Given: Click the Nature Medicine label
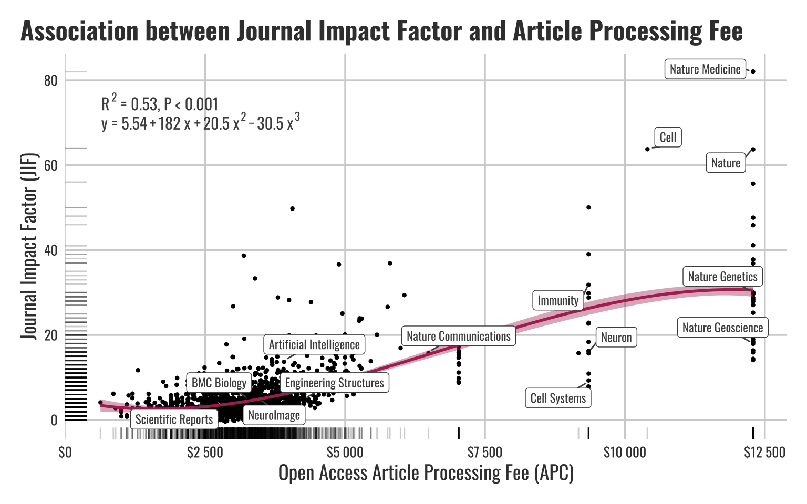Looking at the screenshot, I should tap(705, 69).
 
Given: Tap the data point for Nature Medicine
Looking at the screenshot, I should tap(753, 71).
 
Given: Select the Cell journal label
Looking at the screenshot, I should tap(668, 138).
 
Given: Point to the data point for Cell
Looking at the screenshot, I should tap(647, 149).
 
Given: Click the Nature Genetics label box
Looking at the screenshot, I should tap(722, 277).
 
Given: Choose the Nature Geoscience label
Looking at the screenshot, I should tap(722, 328).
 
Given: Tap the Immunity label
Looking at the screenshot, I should tap(558, 301).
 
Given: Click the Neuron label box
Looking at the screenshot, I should tap(616, 338).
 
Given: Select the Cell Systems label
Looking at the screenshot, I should tap(558, 398).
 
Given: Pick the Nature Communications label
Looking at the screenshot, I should tap(458, 337).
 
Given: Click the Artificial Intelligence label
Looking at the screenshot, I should tap(314, 345).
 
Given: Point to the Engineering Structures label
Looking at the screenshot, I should tap(334, 383).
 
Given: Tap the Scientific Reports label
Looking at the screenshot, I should tap(174, 419).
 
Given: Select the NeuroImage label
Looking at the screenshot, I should tap(274, 415).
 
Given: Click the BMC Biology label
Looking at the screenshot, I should tap(219, 383).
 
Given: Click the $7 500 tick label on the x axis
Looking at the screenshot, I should tap(484, 453).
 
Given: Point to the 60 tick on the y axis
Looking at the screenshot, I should tap(51, 165).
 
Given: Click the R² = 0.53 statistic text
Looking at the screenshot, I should tap(160, 104).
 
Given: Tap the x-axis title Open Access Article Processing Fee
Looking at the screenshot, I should tap(426, 473).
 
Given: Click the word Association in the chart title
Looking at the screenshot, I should tap(79, 31).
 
